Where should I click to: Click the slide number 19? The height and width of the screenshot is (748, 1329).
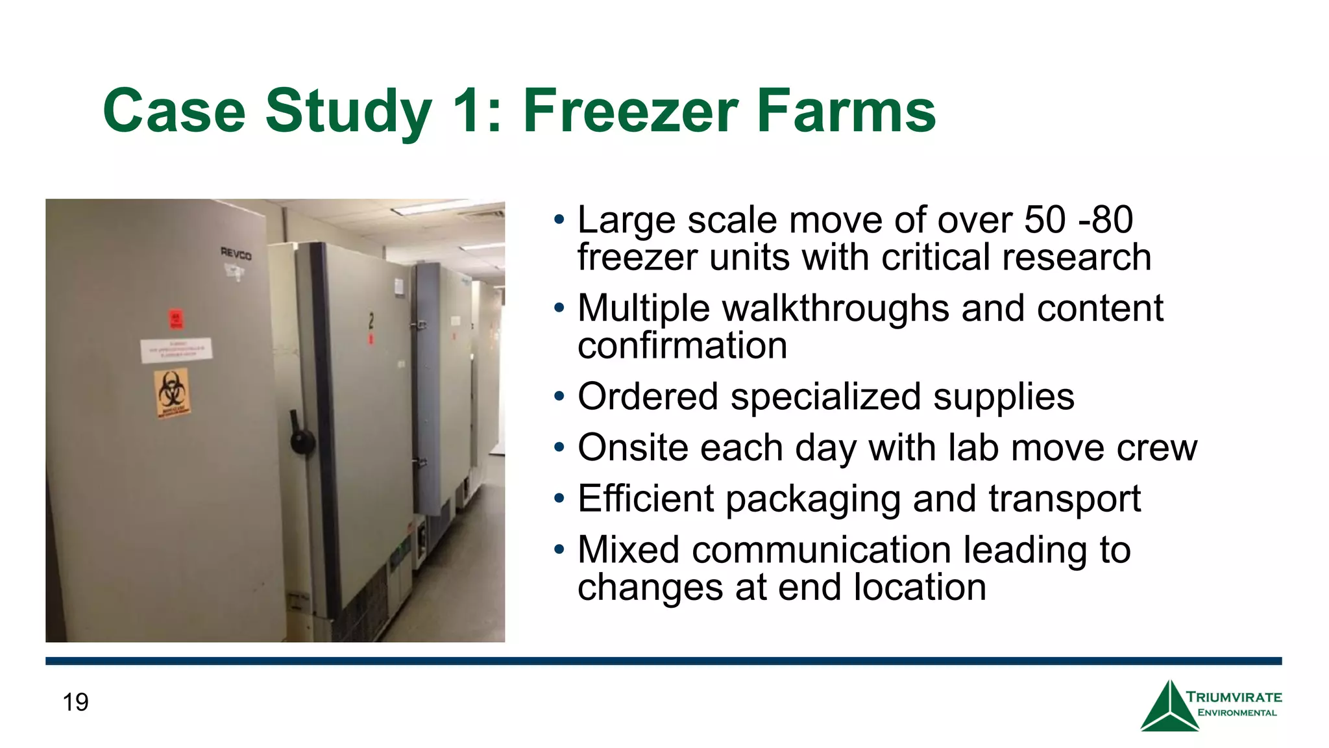tap(75, 703)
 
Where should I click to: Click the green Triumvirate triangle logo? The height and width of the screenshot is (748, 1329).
tap(1169, 708)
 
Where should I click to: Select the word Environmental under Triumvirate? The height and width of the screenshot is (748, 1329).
tap(1237, 713)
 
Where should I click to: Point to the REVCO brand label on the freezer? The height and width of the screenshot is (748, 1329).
tap(236, 253)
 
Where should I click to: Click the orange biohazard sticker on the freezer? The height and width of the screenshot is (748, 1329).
tap(172, 392)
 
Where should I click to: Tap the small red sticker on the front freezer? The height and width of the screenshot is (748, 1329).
tap(176, 318)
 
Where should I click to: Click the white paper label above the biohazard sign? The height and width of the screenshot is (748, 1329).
tap(177, 350)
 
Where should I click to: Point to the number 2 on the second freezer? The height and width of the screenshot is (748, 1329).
tap(371, 320)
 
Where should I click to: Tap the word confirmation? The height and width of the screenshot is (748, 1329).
tap(682, 345)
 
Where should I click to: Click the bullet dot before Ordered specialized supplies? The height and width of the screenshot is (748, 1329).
tap(559, 395)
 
